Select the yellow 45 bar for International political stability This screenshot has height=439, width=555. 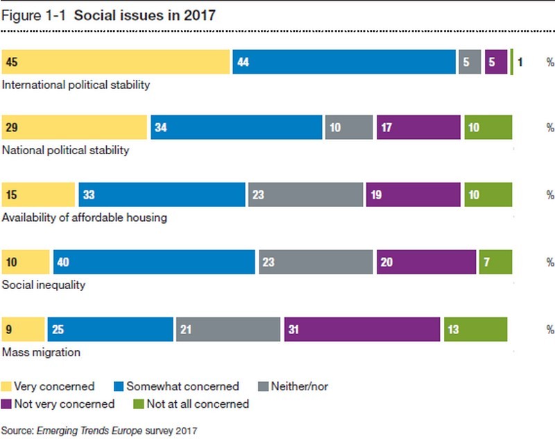[x=116, y=62]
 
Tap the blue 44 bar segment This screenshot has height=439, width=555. [x=344, y=62]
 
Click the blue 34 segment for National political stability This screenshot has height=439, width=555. [x=237, y=128]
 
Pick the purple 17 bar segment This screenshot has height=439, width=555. [x=418, y=128]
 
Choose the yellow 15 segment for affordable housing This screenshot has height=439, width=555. [x=38, y=195]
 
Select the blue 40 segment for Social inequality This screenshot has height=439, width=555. [x=154, y=263]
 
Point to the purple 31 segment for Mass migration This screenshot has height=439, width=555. [x=362, y=329]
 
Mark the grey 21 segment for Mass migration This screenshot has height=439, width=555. [x=228, y=329]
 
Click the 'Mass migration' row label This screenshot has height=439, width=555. [x=42, y=352]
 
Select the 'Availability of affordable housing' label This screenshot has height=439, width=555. [x=85, y=217]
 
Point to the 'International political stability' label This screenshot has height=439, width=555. [x=76, y=85]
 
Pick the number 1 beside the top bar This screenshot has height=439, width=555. [x=520, y=63]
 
